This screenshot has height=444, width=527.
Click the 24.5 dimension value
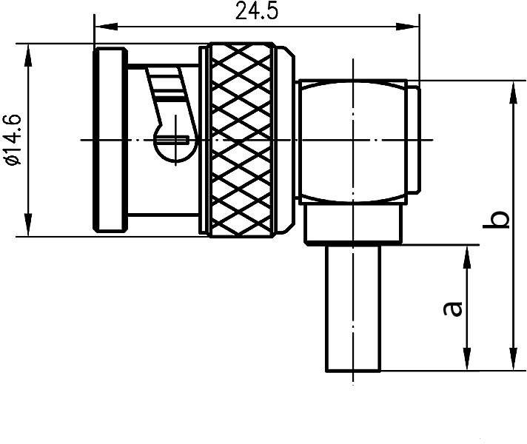(x=253, y=13)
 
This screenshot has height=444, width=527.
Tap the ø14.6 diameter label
(x=13, y=140)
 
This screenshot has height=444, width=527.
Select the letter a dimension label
(x=453, y=307)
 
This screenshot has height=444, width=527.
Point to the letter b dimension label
(x=500, y=219)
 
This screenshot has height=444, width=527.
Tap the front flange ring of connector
(x=109, y=140)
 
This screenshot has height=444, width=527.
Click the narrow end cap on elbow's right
(x=415, y=141)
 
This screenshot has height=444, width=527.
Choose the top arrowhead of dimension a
(x=467, y=252)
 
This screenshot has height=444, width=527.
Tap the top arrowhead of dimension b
(x=511, y=90)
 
